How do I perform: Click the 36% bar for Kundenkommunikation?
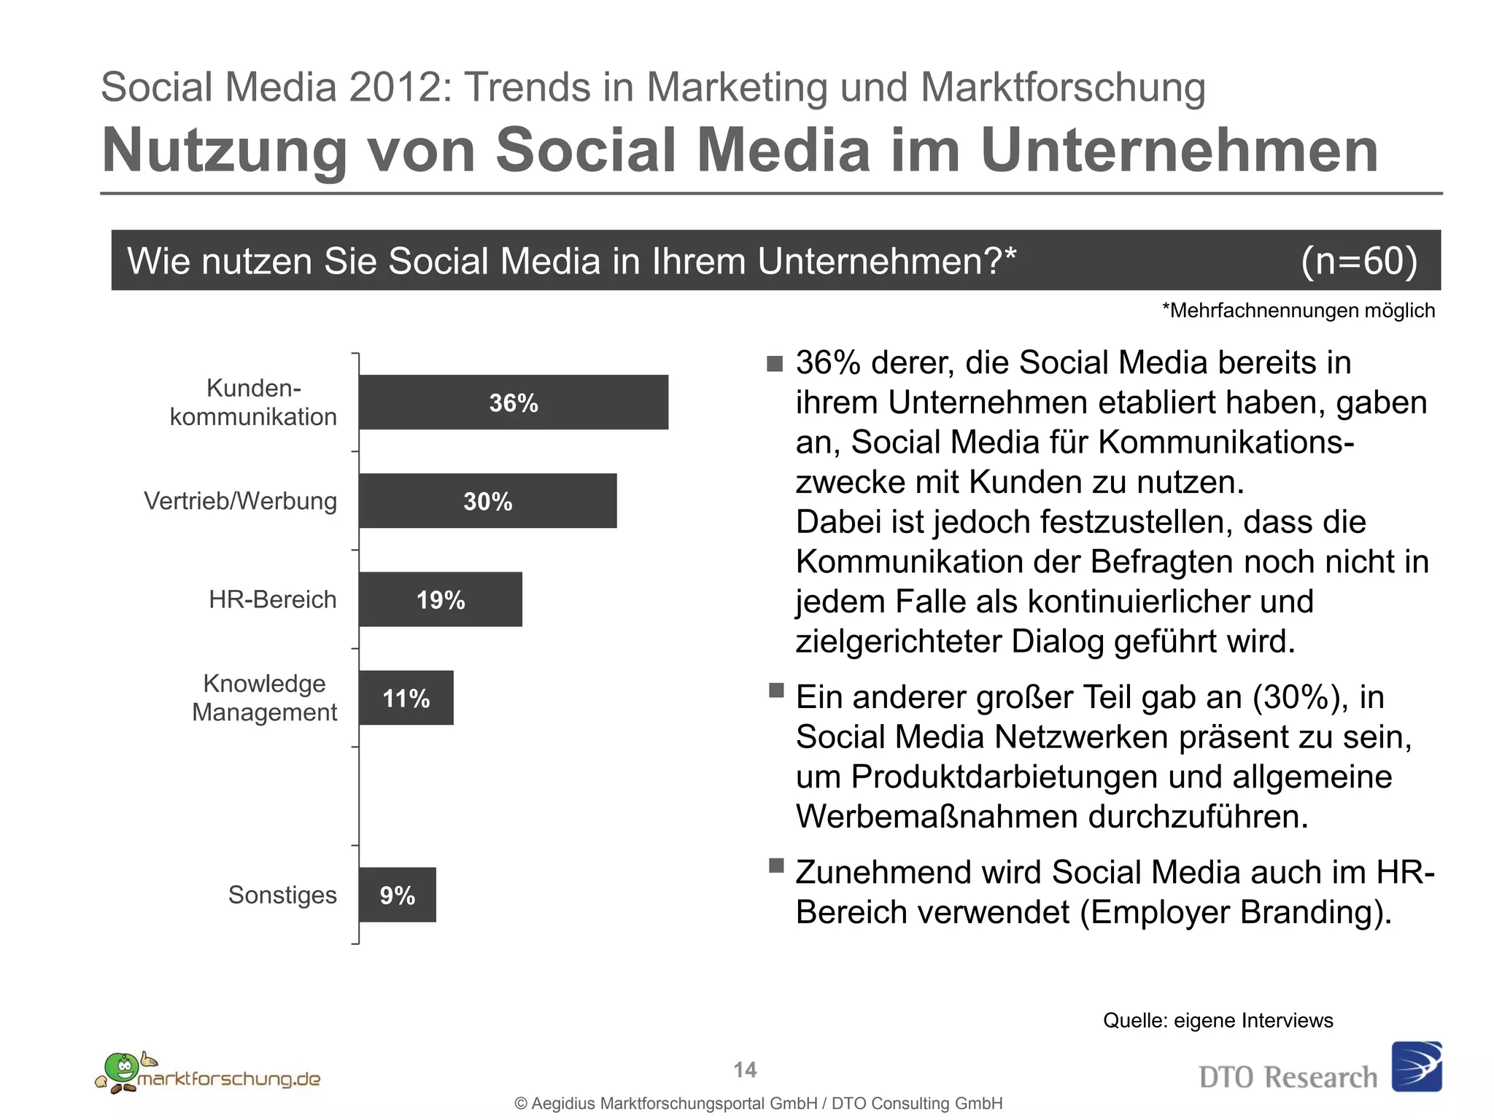click(514, 402)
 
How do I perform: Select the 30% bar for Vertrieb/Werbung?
click(487, 501)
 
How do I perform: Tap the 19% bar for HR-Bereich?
click(441, 599)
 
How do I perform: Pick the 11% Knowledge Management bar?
click(406, 698)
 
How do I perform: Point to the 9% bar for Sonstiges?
click(397, 895)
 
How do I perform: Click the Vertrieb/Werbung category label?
click(240, 501)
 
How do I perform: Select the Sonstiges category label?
click(282, 895)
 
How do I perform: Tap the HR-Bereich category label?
click(272, 599)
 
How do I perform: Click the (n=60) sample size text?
click(1358, 260)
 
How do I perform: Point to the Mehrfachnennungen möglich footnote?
click(1298, 311)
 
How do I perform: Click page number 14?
click(745, 1070)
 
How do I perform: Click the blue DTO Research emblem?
click(1416, 1066)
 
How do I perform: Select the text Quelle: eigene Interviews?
click(1218, 1020)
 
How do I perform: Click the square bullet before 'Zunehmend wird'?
click(776, 866)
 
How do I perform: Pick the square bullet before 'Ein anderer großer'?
click(776, 690)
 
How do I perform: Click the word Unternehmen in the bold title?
click(1179, 150)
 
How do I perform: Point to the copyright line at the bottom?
click(758, 1103)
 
